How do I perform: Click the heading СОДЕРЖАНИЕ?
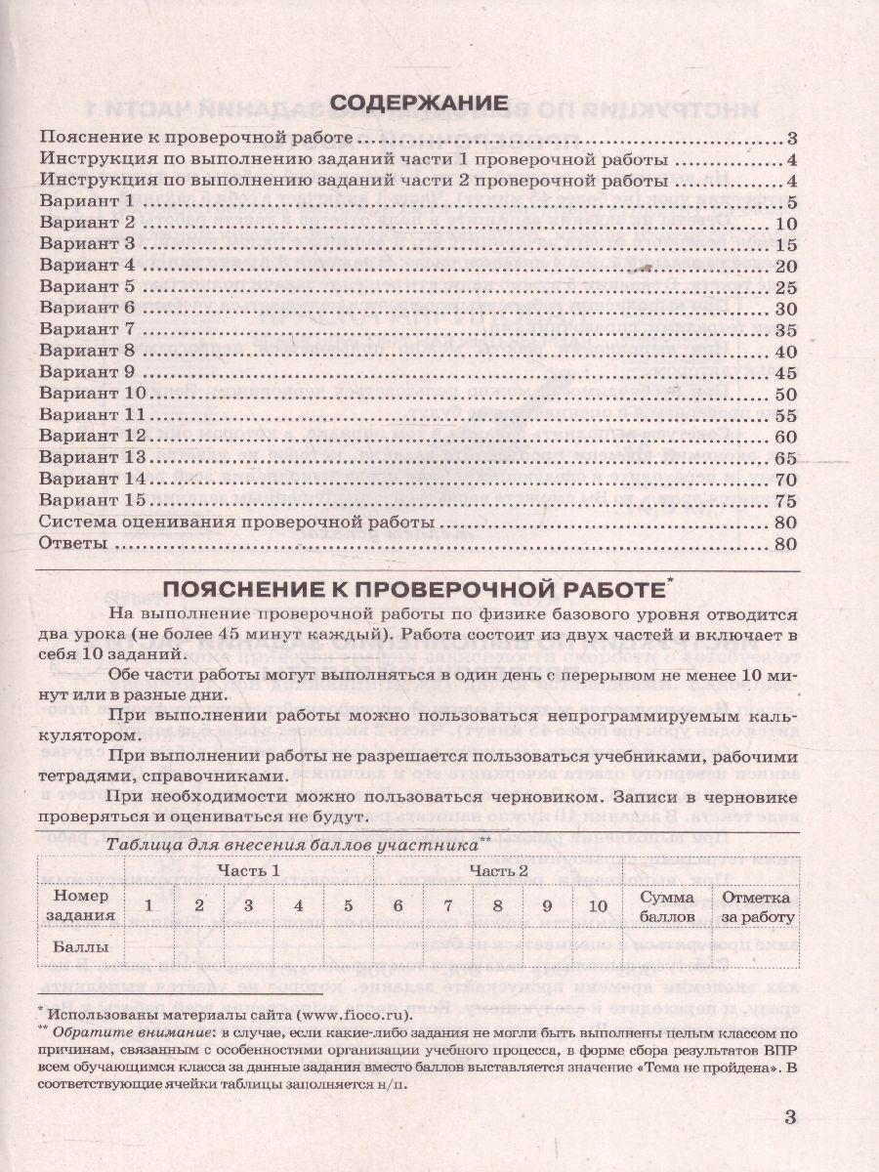tap(419, 103)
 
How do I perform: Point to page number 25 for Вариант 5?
tap(787, 287)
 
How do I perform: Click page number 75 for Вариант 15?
tap(787, 500)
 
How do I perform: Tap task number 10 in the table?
tap(598, 905)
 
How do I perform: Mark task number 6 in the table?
tap(398, 905)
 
